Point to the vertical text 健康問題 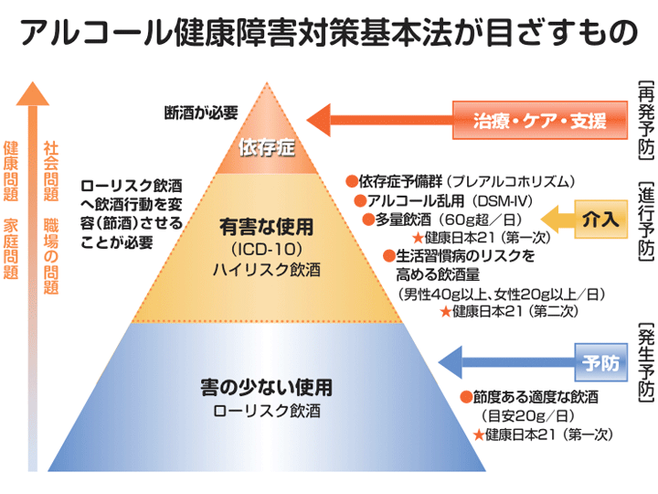pyautogui.click(x=12, y=171)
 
